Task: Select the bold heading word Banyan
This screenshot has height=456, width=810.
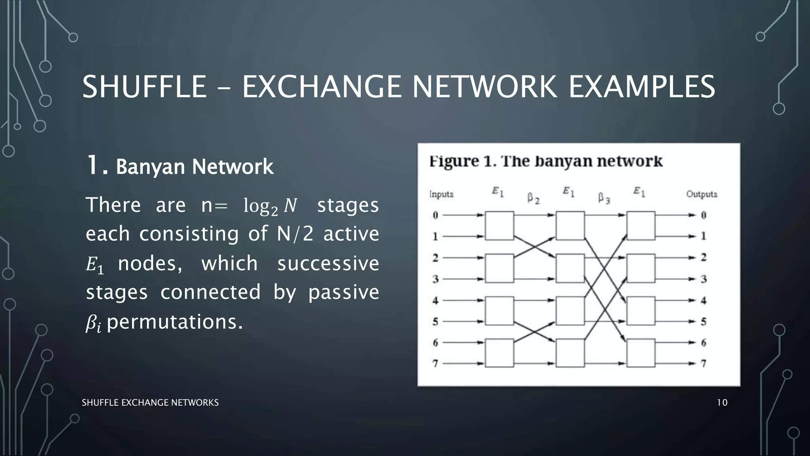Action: (151, 167)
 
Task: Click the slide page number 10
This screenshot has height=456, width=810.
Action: (722, 403)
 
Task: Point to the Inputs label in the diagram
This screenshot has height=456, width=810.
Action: (441, 194)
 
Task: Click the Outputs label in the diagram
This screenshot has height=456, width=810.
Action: (702, 194)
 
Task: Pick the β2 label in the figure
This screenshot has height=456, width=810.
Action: (533, 198)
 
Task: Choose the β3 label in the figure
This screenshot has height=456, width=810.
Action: (604, 198)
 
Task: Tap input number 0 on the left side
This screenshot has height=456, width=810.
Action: (435, 215)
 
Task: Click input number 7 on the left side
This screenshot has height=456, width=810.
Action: (435, 363)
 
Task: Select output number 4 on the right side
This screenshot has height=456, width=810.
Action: (704, 300)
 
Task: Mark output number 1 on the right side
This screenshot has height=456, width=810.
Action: (704, 236)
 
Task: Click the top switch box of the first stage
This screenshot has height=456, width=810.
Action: (500, 226)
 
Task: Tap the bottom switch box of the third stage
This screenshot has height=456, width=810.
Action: (641, 353)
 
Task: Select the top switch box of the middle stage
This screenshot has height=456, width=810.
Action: (570, 226)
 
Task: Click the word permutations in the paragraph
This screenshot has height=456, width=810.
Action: (174, 322)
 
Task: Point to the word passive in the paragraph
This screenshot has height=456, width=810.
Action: (343, 293)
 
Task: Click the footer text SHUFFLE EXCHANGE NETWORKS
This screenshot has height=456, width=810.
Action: (150, 403)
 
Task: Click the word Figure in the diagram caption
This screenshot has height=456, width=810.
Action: (454, 161)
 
